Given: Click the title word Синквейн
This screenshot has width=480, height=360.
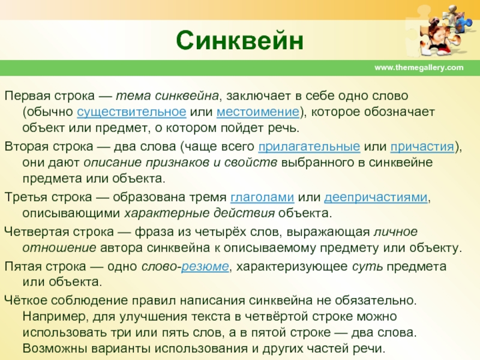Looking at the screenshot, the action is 239,41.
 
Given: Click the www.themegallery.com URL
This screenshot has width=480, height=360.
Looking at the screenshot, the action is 419,67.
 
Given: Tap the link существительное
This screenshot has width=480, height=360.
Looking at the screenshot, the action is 131,112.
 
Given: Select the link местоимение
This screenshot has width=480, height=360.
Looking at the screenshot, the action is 258,112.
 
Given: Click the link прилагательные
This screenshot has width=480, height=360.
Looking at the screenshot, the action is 309,146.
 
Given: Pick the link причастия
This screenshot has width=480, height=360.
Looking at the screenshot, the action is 422,146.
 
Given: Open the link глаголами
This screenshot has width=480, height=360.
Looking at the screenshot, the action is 262,197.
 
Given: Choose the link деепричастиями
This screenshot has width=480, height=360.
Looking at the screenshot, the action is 376,197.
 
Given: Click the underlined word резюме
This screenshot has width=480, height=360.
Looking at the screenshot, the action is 205,266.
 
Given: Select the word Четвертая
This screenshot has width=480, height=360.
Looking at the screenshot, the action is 37,232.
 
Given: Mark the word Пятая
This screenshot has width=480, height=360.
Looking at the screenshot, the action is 23,266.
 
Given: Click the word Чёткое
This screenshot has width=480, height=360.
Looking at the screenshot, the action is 26,300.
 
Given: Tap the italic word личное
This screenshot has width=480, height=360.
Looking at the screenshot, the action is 395,232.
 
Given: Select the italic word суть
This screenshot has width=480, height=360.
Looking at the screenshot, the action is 367,266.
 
